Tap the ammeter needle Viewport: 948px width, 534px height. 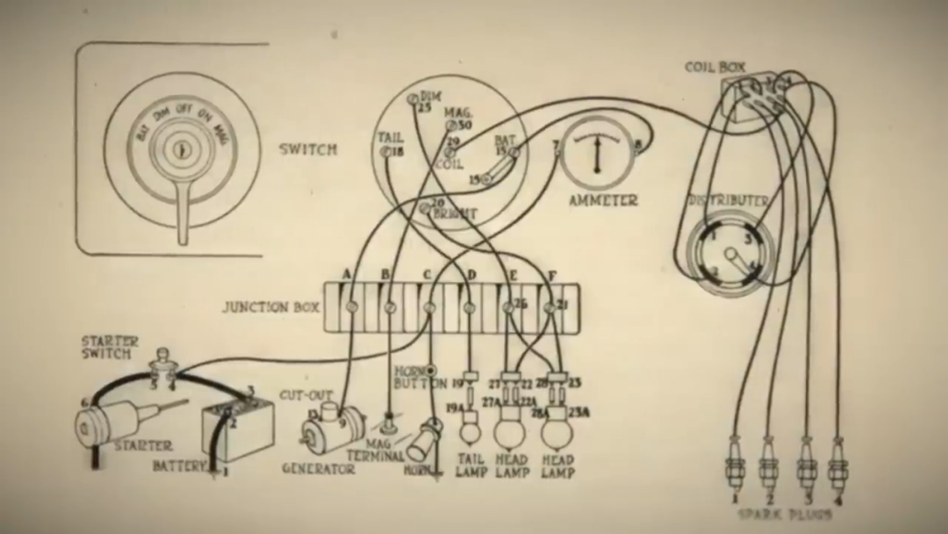[597, 155]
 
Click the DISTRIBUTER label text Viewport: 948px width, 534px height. [728, 200]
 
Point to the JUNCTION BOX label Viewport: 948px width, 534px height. [269, 307]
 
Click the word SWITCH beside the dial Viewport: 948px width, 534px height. [308, 148]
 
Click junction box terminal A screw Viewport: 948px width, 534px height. [350, 307]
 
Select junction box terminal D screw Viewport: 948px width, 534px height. [470, 307]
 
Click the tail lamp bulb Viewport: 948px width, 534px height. [471, 432]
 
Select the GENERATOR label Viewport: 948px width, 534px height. [318, 469]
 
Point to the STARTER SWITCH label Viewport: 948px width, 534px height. [106, 347]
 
